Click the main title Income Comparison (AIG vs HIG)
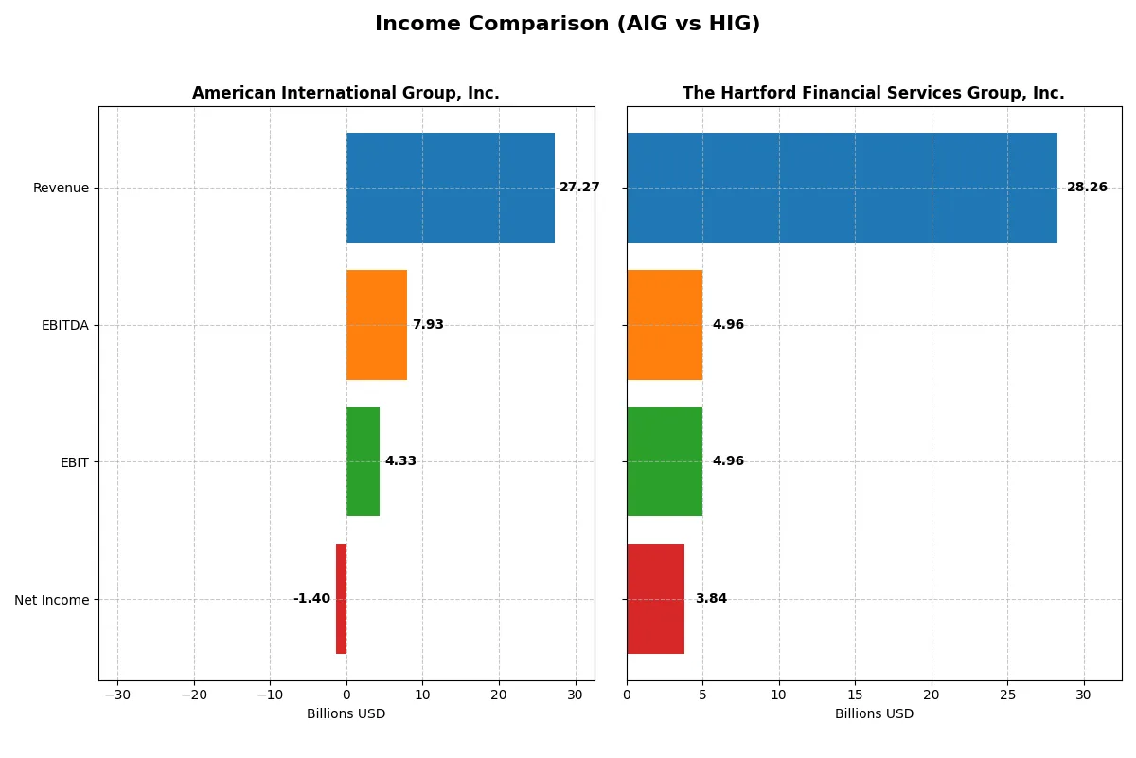click(567, 24)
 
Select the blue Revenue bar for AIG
click(450, 188)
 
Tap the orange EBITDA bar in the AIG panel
click(376, 325)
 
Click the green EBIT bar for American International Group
click(363, 461)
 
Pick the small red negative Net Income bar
click(341, 599)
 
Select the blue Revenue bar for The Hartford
click(842, 188)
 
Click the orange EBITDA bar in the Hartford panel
click(665, 325)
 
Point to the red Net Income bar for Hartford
click(655, 599)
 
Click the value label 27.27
click(579, 188)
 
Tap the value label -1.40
click(311, 599)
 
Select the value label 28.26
click(1087, 188)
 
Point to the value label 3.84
click(711, 599)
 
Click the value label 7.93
click(428, 325)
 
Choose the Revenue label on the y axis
click(61, 188)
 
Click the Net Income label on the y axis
click(52, 600)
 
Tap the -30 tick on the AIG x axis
click(117, 695)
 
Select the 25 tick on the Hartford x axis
click(1007, 695)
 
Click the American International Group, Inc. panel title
click(346, 93)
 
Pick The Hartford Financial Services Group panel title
click(873, 93)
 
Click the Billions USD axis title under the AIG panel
click(346, 713)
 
